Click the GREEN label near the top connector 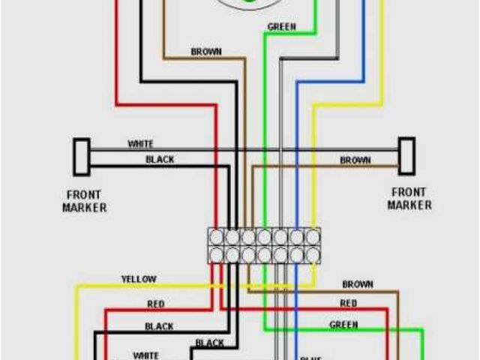click(x=281, y=27)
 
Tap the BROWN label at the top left click(x=206, y=52)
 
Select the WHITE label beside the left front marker click(x=141, y=143)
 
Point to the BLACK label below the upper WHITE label click(x=160, y=159)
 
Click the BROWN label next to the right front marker click(x=355, y=160)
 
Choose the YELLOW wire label click(x=139, y=279)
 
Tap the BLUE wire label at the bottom click(x=310, y=357)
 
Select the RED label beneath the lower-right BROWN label click(x=349, y=303)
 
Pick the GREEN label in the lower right click(x=344, y=325)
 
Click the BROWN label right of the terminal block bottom click(x=358, y=284)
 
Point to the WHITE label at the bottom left click(x=145, y=355)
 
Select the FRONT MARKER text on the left click(x=84, y=200)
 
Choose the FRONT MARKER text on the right click(x=409, y=198)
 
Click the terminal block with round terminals click(x=264, y=246)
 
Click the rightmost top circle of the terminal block click(x=312, y=237)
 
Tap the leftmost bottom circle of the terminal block click(x=216, y=255)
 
